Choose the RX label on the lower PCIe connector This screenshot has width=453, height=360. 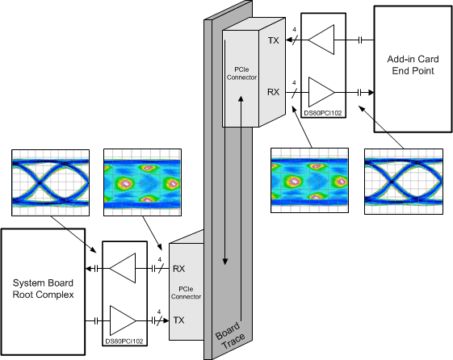click(x=180, y=268)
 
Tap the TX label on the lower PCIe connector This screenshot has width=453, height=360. click(x=180, y=320)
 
